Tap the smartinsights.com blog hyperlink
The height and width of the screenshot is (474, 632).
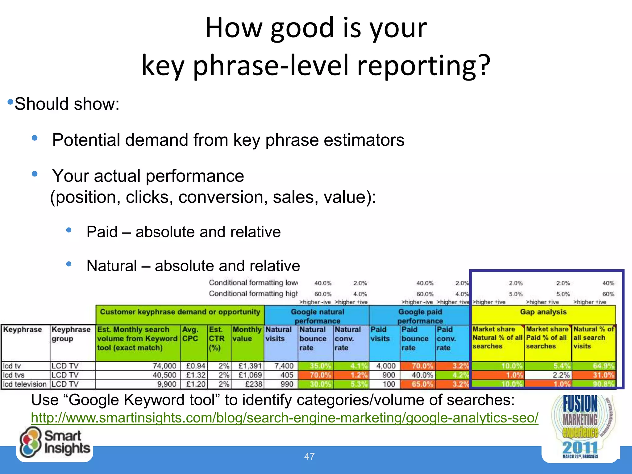tap(285, 418)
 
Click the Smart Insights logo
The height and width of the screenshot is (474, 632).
tap(55, 442)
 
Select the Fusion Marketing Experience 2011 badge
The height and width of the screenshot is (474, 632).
tap(580, 427)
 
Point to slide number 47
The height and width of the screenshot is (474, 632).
tap(309, 456)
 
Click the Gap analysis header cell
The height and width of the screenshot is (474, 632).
tap(543, 312)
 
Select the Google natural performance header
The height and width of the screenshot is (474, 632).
tap(317, 316)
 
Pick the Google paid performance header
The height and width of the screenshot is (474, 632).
tap(420, 316)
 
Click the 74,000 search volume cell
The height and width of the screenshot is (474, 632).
tap(164, 366)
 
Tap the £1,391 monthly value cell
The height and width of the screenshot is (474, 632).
tap(250, 366)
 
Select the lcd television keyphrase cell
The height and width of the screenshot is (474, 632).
tap(25, 384)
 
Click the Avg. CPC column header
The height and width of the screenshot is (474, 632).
tap(190, 334)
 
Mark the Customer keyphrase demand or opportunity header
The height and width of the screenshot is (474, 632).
tap(180, 312)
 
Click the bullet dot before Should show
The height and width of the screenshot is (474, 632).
tap(10, 102)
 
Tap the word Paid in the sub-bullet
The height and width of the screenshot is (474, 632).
tap(102, 232)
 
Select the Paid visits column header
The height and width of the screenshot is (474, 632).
tap(380, 334)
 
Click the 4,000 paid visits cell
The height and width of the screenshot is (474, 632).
tap(386, 366)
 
